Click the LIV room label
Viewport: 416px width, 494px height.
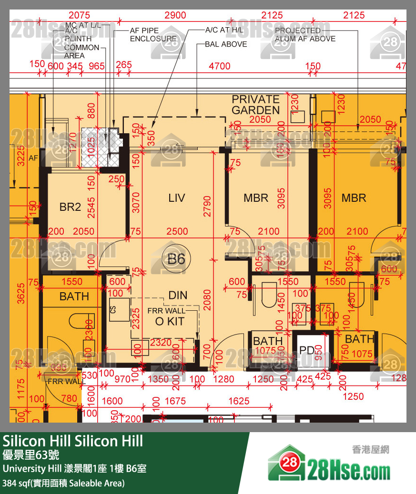tap(176, 198)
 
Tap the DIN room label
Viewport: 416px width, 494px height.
tap(178, 295)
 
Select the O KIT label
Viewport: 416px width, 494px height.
tap(169, 322)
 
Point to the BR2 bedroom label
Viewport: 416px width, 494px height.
tap(70, 207)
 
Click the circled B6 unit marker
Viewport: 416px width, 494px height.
tap(176, 259)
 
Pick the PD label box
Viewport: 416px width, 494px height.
tap(307, 350)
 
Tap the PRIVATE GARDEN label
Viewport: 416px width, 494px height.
tap(255, 105)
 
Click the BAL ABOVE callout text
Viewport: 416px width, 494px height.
tap(226, 44)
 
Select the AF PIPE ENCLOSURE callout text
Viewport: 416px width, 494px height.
tap(153, 35)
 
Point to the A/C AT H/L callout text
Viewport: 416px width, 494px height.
tap(224, 30)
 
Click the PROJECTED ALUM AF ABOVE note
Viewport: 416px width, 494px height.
tap(305, 35)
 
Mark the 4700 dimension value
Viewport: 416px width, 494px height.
tap(219, 67)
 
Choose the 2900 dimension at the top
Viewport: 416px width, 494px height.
tap(175, 15)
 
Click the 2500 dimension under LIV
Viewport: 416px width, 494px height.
tap(177, 232)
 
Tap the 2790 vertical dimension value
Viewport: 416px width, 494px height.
tap(207, 206)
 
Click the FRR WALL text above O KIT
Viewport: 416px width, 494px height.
tap(166, 311)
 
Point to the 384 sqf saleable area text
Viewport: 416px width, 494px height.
tap(63, 483)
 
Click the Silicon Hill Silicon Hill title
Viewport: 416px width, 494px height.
tap(73, 441)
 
